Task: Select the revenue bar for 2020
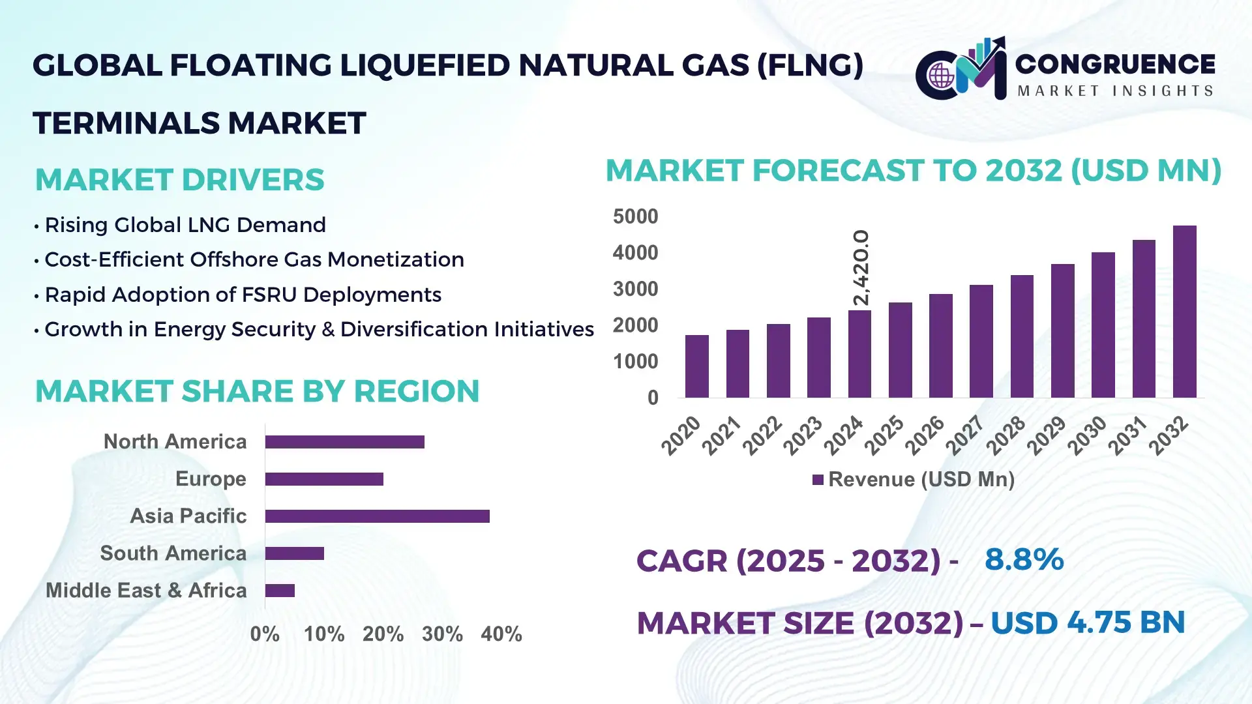pos(696,366)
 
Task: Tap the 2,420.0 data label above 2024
pos(861,267)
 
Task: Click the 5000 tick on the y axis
pos(635,216)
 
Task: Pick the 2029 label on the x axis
pos(1047,435)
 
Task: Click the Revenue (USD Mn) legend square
pos(818,480)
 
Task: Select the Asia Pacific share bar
pos(377,516)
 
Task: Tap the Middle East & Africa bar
pos(280,591)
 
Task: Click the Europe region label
pos(211,479)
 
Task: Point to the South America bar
pos(294,553)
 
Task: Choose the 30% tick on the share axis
pos(442,634)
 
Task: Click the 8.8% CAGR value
pos(1024,559)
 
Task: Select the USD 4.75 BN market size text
pos(1087,623)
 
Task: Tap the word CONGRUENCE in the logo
pos(1115,64)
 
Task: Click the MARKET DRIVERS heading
pos(179,180)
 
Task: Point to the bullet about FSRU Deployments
pos(243,295)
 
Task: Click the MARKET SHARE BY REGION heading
pos(257,391)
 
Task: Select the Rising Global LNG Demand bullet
pos(185,225)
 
